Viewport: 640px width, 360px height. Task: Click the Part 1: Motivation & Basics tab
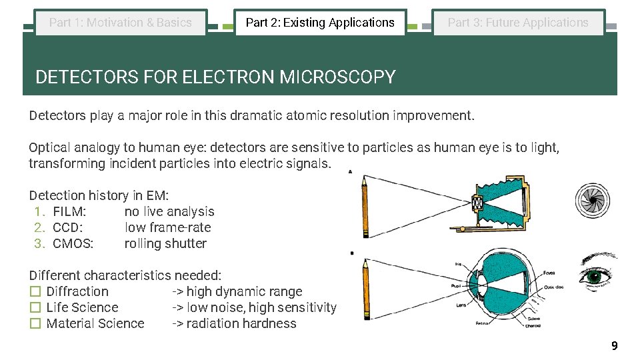point(121,23)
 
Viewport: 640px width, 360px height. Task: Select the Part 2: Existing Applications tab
point(320,23)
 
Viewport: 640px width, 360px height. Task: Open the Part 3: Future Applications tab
point(518,23)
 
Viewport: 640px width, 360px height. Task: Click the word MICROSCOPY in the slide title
point(337,77)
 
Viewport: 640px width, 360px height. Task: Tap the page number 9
point(614,346)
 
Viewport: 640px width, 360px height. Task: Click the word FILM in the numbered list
point(69,212)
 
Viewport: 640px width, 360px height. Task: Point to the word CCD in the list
point(67,228)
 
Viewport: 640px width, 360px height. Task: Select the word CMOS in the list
point(73,244)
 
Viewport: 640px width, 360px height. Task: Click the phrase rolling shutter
point(165,244)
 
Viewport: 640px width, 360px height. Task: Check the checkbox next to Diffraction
point(35,292)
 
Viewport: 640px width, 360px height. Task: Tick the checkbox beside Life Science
point(35,308)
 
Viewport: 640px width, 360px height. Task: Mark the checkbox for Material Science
point(35,324)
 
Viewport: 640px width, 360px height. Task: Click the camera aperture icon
point(592,200)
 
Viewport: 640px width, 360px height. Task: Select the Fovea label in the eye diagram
point(549,272)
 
